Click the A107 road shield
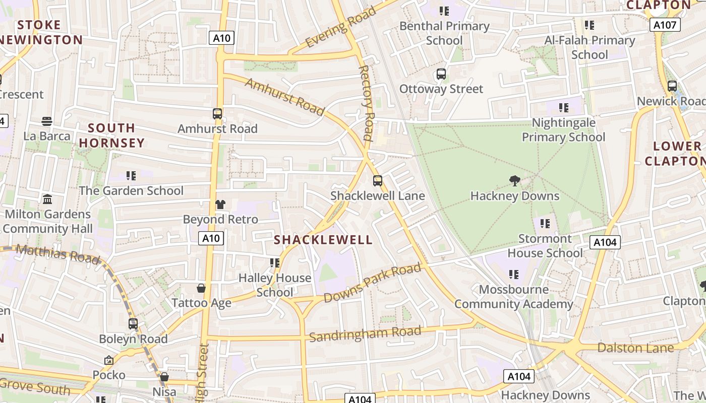coord(665,25)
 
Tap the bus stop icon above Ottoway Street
coord(441,75)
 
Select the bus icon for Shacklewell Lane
coord(378,181)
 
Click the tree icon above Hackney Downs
coord(515,181)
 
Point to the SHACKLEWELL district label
coord(323,240)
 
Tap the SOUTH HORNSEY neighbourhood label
coord(111,136)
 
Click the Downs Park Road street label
coord(372,284)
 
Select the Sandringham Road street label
coord(365,333)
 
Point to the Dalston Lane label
coord(635,348)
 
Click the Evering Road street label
coord(340,27)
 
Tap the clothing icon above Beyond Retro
coord(220,205)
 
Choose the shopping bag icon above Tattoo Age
coord(201,288)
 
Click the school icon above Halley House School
coord(275,262)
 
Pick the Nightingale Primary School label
coord(563,130)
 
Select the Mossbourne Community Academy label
coord(514,297)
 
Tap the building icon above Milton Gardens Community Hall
coord(47,199)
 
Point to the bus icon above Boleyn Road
coord(133,324)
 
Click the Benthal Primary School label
coord(444,33)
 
